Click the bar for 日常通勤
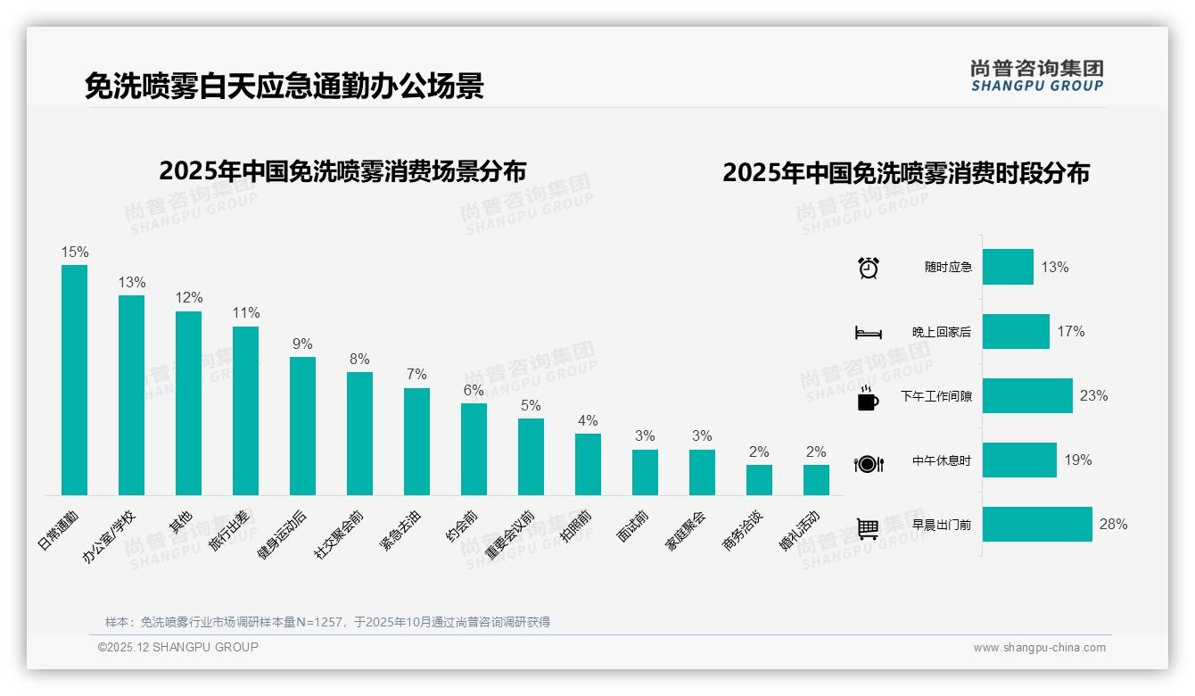click(74, 379)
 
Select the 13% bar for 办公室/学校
click(131, 394)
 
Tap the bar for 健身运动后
click(302, 426)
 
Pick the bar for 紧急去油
click(416, 441)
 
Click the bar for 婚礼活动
click(816, 479)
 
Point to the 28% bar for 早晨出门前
click(1037, 524)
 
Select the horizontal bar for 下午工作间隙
click(1027, 395)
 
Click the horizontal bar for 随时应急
click(1008, 267)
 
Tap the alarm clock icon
click(869, 268)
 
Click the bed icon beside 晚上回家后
click(869, 333)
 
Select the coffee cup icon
click(868, 398)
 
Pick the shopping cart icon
click(868, 528)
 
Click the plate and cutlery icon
click(869, 463)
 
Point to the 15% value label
click(74, 253)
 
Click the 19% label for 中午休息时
click(1077, 460)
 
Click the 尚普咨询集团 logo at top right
click(1036, 75)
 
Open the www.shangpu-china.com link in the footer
click(1039, 648)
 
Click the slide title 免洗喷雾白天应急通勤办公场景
click(284, 87)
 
